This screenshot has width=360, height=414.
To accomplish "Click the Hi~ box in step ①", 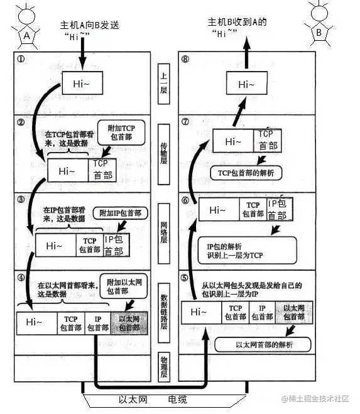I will coord(82,83).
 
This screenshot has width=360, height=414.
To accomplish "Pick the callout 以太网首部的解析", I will coord(263,345).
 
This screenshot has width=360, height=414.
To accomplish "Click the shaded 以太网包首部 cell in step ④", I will coord(129,322).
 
